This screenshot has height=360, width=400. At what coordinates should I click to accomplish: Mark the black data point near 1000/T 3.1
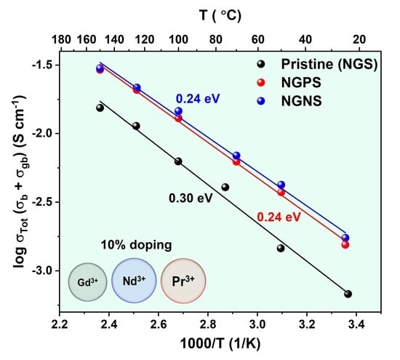point(281,248)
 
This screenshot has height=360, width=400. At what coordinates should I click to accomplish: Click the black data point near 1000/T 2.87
point(225,187)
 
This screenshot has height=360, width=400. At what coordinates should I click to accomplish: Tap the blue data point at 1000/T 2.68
point(178,111)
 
